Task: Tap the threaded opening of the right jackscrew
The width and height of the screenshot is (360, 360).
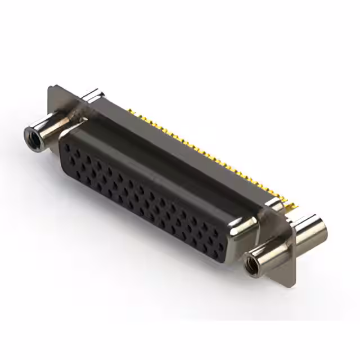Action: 251,261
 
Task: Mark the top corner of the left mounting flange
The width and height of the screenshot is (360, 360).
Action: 51,87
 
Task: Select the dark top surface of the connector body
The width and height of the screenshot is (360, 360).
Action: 169,152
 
